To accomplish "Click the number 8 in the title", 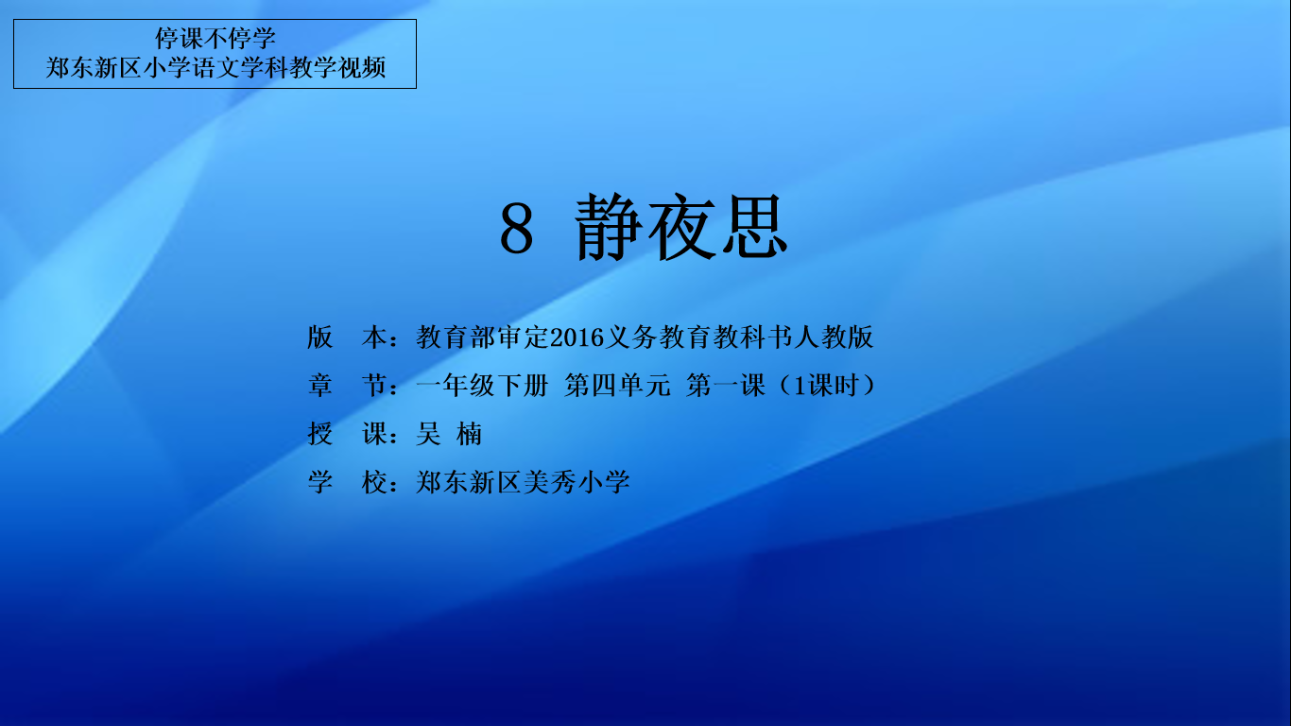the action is click(x=516, y=228).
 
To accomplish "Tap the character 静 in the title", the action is click(x=609, y=227).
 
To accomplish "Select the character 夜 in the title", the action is click(x=681, y=227).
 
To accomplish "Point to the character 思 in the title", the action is click(x=755, y=227).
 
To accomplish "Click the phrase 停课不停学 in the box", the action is click(x=215, y=39).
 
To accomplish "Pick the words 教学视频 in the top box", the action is click(x=337, y=67).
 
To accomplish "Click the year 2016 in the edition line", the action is click(x=577, y=337).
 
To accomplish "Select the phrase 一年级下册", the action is click(x=482, y=385).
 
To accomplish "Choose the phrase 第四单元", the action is click(x=617, y=385).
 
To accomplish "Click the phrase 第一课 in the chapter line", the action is click(x=726, y=385).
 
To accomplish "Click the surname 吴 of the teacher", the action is click(x=428, y=434).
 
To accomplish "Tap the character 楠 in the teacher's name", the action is click(x=469, y=434).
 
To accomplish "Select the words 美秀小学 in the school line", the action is click(x=577, y=482).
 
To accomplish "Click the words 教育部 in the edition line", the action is click(x=456, y=337).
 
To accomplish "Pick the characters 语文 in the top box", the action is click(x=215, y=67).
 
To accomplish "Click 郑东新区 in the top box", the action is click(x=94, y=67).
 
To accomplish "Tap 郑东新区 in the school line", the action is click(x=469, y=482).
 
